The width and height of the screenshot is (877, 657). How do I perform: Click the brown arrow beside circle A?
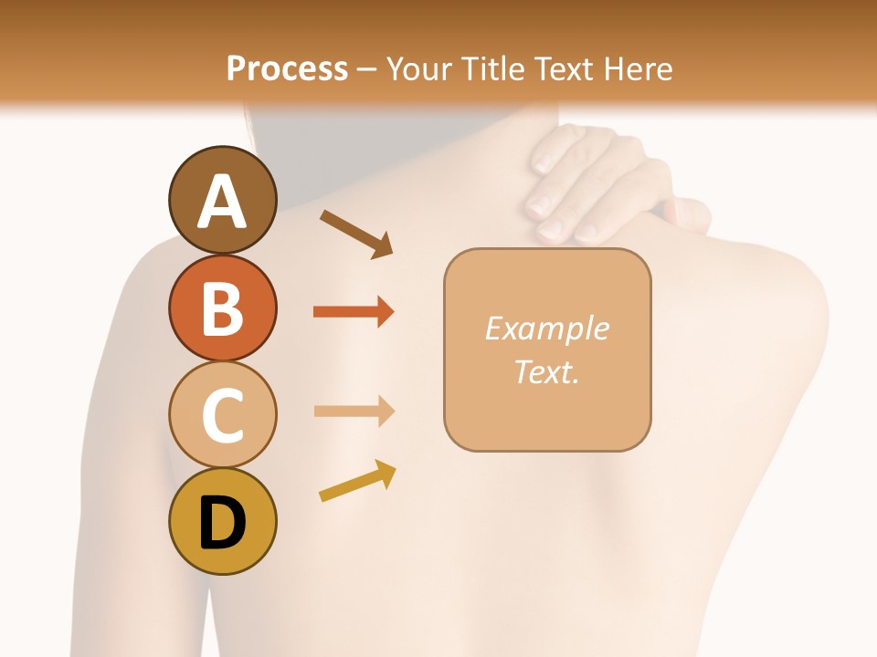[356, 232]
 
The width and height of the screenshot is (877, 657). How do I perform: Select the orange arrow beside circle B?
[354, 312]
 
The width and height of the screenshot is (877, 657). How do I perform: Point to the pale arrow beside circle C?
[354, 412]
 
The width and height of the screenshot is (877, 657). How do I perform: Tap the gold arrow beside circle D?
[357, 481]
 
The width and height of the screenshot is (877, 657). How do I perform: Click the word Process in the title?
[287, 68]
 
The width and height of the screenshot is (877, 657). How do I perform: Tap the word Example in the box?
[546, 328]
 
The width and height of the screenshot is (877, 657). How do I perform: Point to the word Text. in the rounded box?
[546, 371]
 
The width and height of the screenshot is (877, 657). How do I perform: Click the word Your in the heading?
[421, 68]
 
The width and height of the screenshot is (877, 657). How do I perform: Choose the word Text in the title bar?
[563, 68]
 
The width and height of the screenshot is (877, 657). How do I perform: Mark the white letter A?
[222, 203]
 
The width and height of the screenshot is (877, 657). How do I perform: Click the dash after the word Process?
[367, 69]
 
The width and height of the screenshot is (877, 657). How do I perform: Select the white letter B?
[222, 309]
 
